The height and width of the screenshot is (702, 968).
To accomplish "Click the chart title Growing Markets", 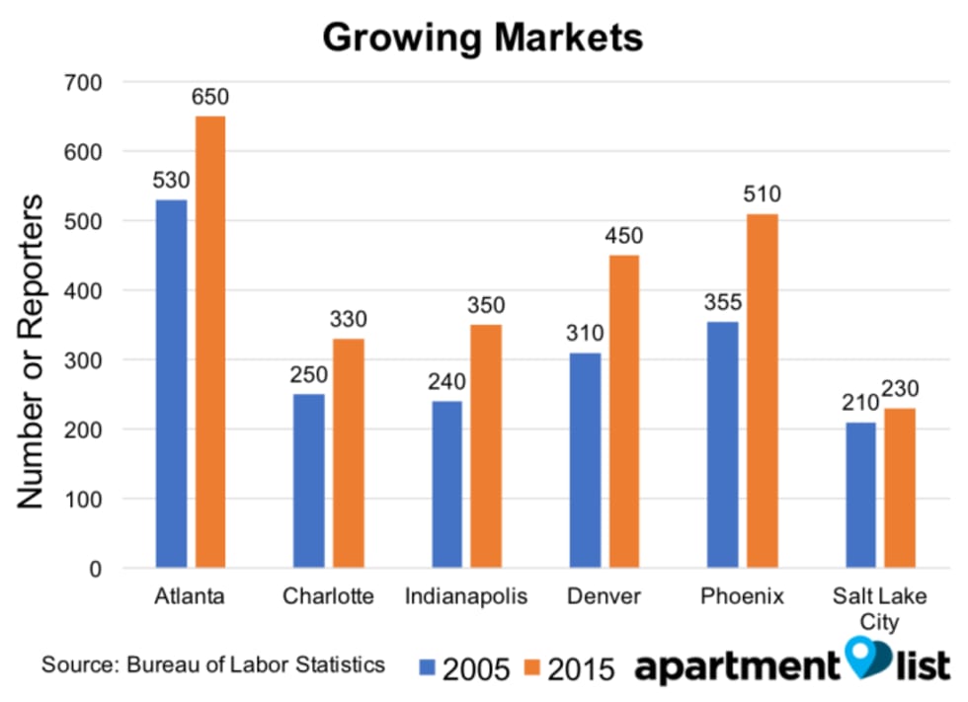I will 483,38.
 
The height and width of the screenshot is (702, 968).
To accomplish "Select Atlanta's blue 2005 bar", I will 171,384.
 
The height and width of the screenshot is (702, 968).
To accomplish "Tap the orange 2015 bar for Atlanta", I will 209,343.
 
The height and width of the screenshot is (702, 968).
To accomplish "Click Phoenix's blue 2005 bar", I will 723,444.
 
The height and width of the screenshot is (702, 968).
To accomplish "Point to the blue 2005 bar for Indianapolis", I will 446,485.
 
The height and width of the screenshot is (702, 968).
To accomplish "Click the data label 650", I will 209,98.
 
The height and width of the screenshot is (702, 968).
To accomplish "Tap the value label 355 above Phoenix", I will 723,302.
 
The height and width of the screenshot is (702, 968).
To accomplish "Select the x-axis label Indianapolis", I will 466,597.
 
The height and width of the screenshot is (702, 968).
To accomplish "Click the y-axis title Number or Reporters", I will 32,351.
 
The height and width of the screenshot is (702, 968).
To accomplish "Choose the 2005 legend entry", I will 464,668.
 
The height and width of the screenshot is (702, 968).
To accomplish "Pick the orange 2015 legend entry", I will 568,668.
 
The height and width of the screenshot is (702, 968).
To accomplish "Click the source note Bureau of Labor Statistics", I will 212,663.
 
